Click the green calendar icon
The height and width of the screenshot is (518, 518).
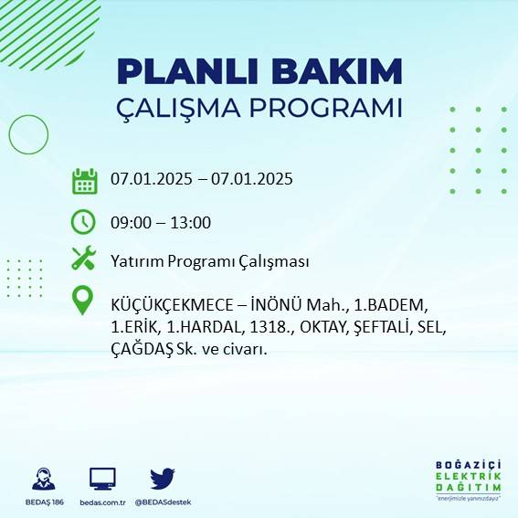[84, 180]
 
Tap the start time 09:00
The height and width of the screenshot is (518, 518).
[129, 222]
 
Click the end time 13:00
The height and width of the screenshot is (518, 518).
[192, 222]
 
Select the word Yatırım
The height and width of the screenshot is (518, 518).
[135, 261]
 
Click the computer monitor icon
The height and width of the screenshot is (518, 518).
[102, 479]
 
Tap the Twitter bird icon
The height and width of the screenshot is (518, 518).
[163, 479]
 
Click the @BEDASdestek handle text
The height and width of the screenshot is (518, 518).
[163, 502]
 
